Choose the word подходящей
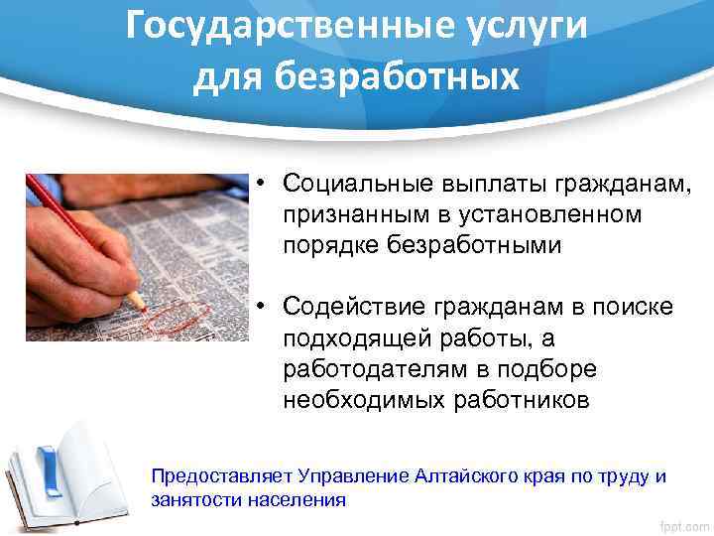click(344, 339)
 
